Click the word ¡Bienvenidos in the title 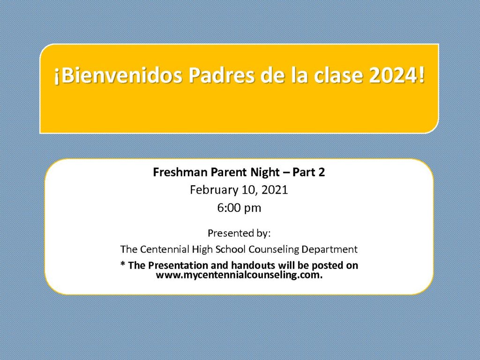[118, 75]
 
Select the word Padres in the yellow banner [221, 75]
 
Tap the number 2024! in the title [397, 75]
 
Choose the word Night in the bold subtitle [265, 173]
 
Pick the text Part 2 [308, 172]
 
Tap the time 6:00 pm [239, 208]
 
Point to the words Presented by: [239, 233]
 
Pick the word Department [330, 250]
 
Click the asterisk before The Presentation [123, 263]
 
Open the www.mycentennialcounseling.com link [239, 275]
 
